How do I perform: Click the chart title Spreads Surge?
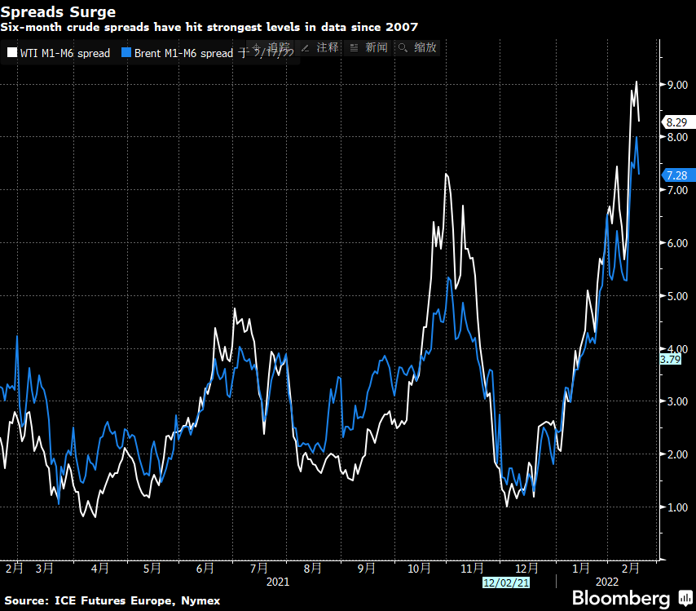(58, 12)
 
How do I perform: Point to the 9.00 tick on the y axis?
(679, 85)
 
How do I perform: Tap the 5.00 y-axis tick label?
(679, 296)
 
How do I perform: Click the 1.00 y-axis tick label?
(679, 507)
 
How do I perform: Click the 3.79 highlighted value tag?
(670, 359)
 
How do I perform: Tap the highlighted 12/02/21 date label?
(506, 582)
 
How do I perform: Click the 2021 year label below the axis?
(277, 582)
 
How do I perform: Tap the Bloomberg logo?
(621, 598)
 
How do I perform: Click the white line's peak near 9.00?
(636, 82)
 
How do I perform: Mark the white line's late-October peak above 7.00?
(447, 174)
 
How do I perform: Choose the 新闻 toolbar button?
(371, 47)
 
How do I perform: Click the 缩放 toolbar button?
(419, 47)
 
